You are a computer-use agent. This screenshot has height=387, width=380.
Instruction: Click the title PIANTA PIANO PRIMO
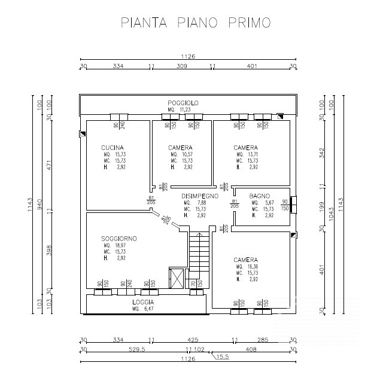click(195, 23)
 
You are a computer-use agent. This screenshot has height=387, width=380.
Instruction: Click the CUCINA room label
click(113, 148)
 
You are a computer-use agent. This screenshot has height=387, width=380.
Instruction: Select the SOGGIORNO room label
click(119, 238)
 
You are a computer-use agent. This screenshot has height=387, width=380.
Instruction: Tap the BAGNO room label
click(260, 196)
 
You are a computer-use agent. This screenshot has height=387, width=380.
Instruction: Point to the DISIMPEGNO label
click(200, 195)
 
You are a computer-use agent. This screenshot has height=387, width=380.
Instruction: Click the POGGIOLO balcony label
click(183, 103)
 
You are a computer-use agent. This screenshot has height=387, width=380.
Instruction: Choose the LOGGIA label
click(144, 301)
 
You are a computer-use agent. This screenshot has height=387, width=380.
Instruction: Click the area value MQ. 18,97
click(115, 245)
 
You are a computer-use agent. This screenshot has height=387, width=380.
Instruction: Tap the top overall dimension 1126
click(187, 57)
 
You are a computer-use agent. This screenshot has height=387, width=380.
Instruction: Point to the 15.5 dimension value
click(223, 356)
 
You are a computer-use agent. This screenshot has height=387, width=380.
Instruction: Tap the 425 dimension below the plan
click(193, 340)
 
